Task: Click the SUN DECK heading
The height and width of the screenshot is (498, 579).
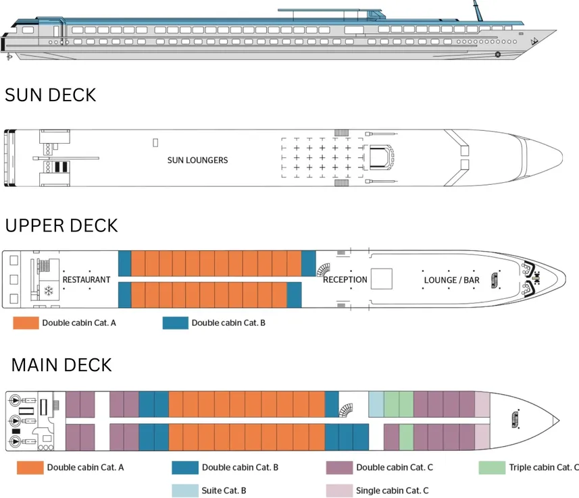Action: coord(50,95)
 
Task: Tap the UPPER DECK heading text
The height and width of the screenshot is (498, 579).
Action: coord(61,225)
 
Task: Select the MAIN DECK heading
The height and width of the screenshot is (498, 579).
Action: coord(61,365)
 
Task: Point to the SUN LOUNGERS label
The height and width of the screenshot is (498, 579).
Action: coord(197,161)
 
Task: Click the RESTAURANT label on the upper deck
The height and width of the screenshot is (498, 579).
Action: coord(86,279)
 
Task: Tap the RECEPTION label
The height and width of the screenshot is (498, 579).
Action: coord(345,279)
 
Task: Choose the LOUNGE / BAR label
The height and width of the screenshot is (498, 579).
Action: coord(451,279)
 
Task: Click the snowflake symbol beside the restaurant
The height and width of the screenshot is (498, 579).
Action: coord(49,292)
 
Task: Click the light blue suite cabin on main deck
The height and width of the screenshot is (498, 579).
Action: coord(376,404)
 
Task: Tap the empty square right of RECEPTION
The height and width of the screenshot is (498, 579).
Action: coord(382,279)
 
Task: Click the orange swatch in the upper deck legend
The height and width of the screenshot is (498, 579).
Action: coord(26,323)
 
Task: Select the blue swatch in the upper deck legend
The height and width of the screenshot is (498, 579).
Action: coord(175,323)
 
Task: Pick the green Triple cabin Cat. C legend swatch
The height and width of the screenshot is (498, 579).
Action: coord(491,467)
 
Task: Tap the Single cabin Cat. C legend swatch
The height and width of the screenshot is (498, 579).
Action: coord(339,491)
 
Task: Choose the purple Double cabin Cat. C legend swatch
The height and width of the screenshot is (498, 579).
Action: coord(339,467)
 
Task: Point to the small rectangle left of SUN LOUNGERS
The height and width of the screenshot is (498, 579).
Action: coord(155,142)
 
